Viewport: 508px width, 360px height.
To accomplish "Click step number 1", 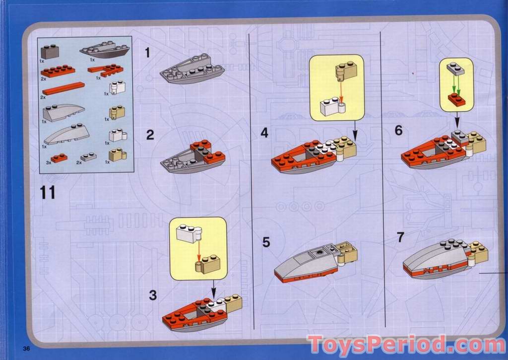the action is pyautogui.click(x=148, y=53).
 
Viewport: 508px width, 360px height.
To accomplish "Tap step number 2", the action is pyautogui.click(x=150, y=135).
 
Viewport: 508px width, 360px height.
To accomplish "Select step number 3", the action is pyautogui.click(x=153, y=295).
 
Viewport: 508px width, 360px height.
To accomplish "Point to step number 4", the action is pyautogui.click(x=264, y=133).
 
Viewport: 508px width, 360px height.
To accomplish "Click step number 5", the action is pyautogui.click(x=266, y=242).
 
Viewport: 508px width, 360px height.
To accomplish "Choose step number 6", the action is pyautogui.click(x=398, y=131).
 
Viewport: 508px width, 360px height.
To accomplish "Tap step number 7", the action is pyautogui.click(x=400, y=237).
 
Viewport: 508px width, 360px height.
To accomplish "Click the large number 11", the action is pyautogui.click(x=47, y=192).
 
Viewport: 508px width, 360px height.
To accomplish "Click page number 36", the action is pyautogui.click(x=26, y=349).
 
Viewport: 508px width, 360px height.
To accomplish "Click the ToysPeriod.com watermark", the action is pyautogui.click(x=407, y=345).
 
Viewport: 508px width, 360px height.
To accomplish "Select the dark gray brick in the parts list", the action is pyautogui.click(x=50, y=52).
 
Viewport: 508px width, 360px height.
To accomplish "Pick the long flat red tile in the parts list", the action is pyautogui.click(x=63, y=88).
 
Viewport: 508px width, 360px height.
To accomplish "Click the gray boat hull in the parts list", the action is pyautogui.click(x=105, y=50).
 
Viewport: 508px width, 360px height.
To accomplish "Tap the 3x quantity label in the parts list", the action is pyautogui.click(x=48, y=162).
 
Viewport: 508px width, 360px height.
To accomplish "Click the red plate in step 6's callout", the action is pyautogui.click(x=456, y=99).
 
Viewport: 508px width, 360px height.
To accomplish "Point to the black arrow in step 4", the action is pyautogui.click(x=355, y=130).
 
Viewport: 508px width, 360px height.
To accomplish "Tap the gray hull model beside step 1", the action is pyautogui.click(x=192, y=69).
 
